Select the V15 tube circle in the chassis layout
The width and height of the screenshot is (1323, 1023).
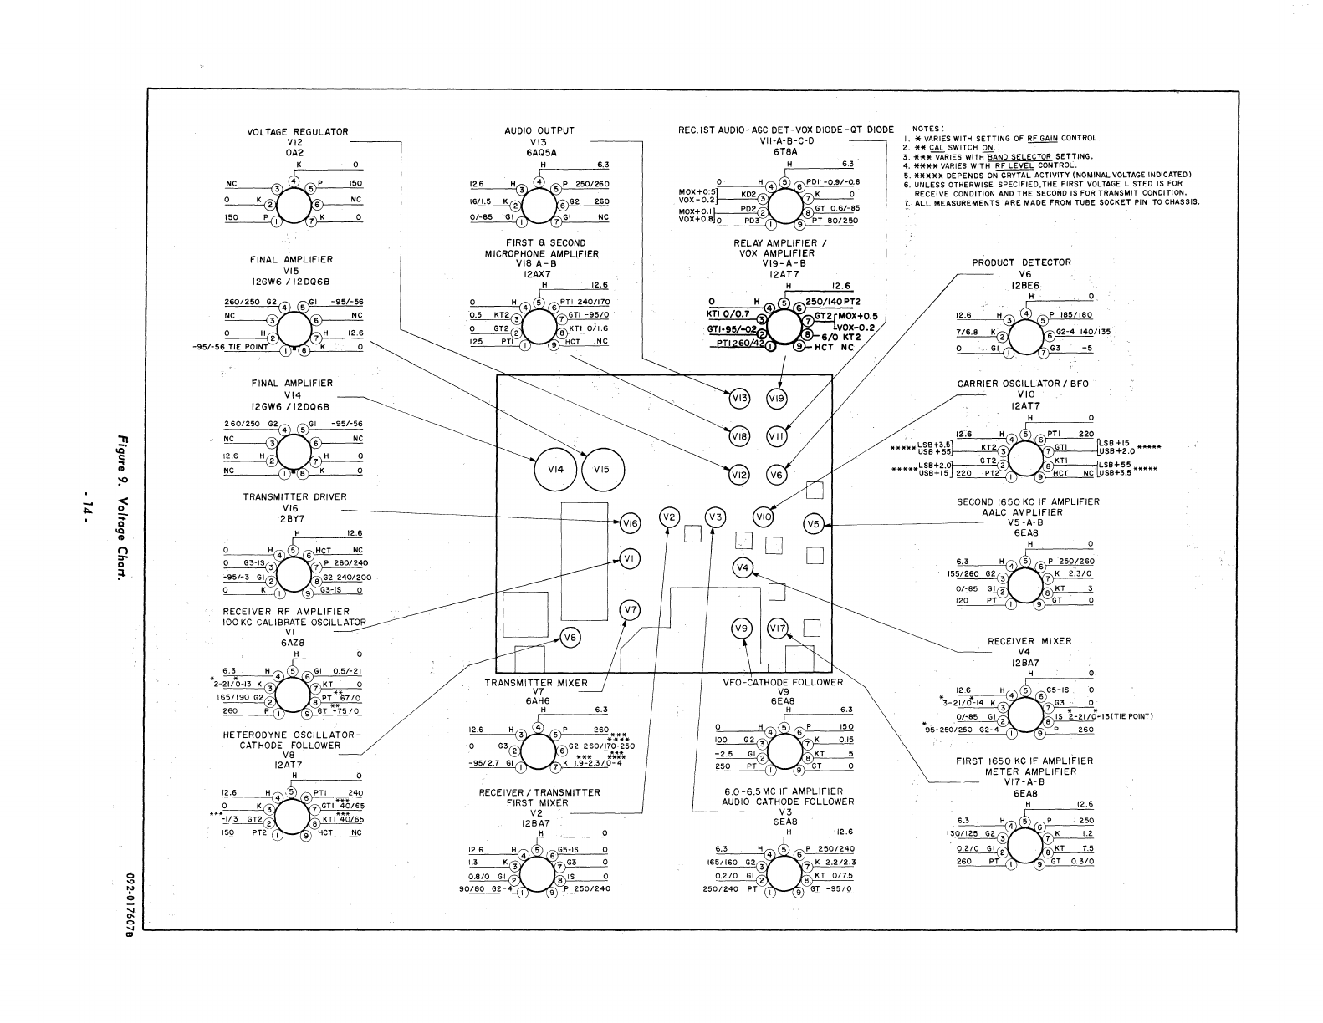(x=602, y=470)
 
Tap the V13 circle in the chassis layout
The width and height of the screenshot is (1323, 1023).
(x=739, y=400)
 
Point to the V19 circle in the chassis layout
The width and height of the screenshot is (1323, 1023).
(x=777, y=400)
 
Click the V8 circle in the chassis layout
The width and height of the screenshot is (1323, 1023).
(x=570, y=638)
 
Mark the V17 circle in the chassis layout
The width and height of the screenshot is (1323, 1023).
(x=778, y=629)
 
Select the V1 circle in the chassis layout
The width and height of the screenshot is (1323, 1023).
(x=631, y=558)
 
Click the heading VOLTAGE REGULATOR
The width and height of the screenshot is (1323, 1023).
(x=297, y=132)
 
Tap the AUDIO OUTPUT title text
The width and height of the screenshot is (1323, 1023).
(x=539, y=131)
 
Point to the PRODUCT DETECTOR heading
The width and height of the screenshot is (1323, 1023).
(x=1021, y=262)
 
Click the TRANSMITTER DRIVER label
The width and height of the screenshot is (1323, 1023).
(x=294, y=496)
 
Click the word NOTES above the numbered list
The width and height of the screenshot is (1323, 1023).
(x=927, y=129)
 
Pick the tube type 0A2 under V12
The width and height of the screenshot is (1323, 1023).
(x=293, y=153)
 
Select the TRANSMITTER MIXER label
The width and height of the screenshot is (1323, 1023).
(x=536, y=683)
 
